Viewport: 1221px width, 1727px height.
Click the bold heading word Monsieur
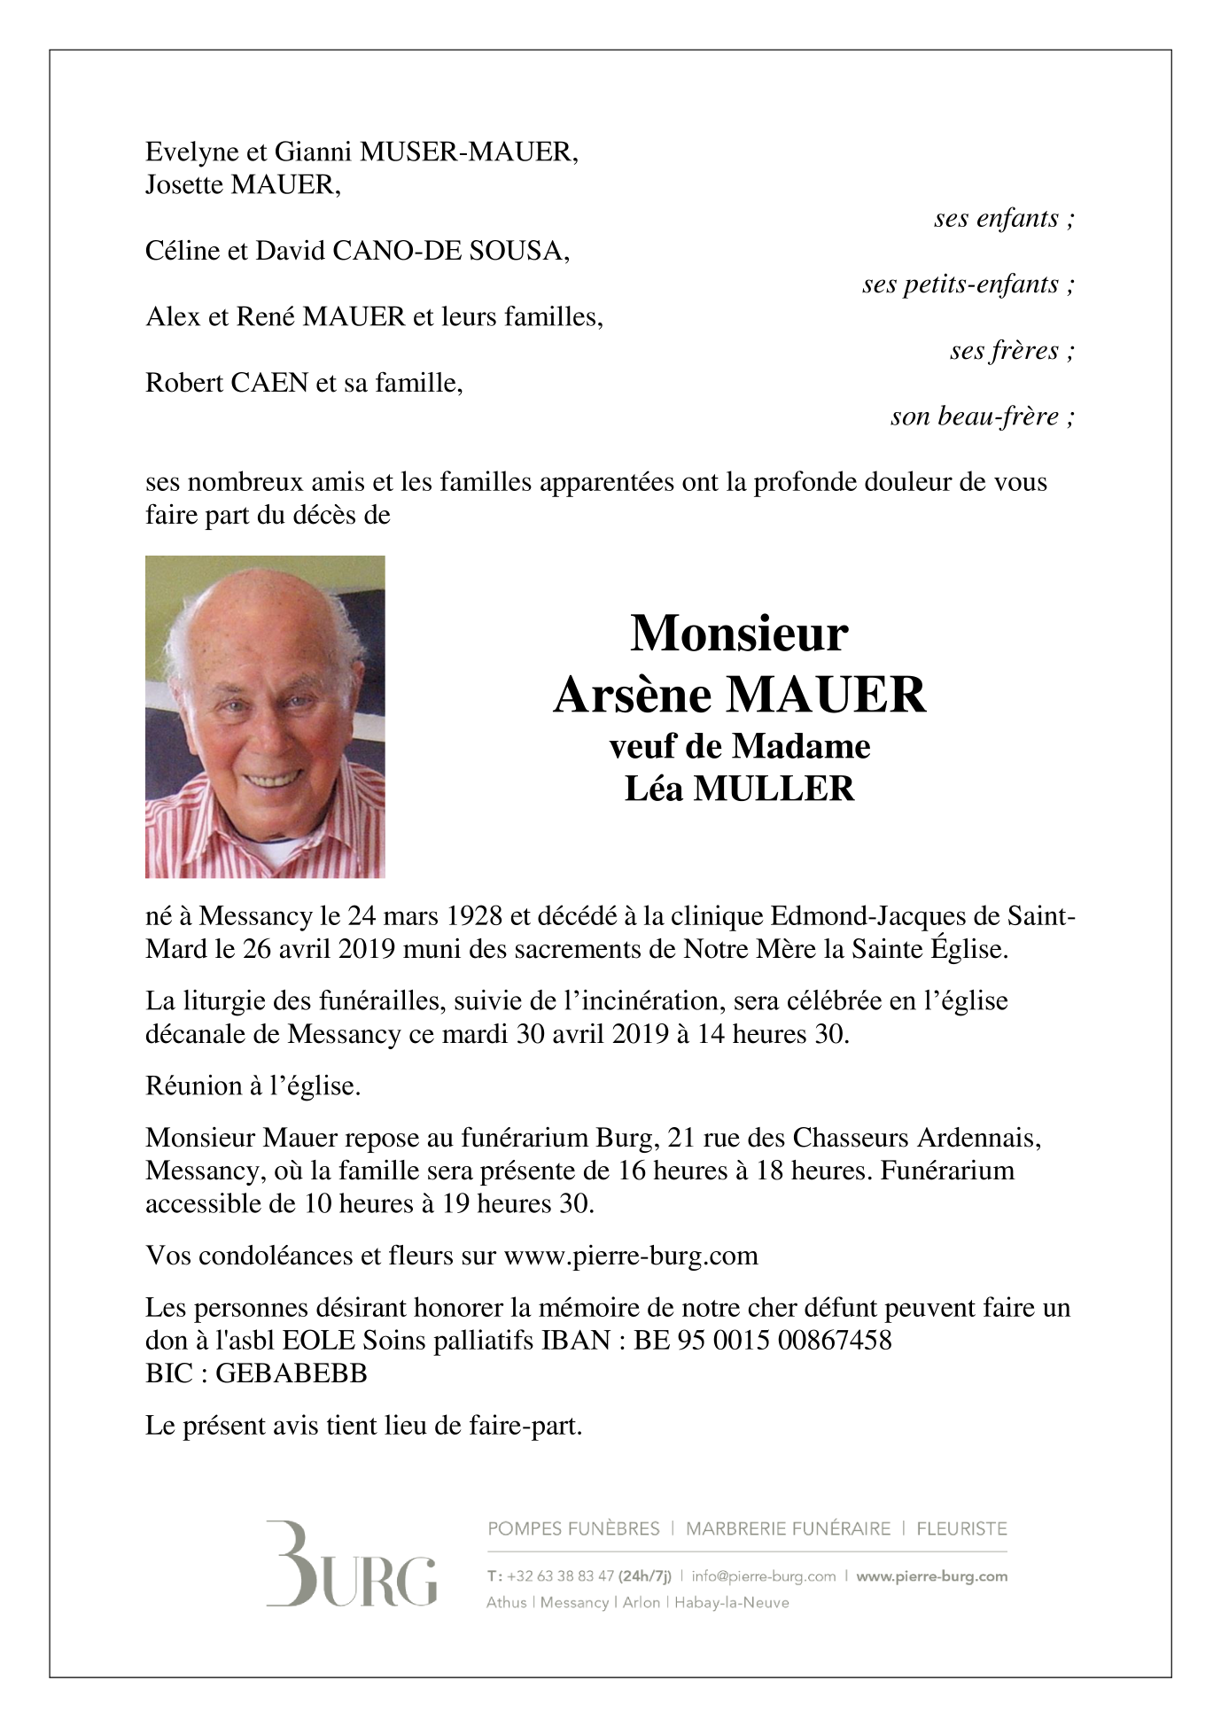click(x=739, y=634)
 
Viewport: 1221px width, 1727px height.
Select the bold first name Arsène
click(x=633, y=695)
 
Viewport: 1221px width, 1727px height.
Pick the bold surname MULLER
click(x=774, y=789)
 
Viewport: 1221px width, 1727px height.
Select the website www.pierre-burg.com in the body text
click(x=631, y=1256)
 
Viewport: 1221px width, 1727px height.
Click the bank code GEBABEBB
click(x=292, y=1373)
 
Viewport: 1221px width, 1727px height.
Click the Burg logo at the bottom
click(x=352, y=1564)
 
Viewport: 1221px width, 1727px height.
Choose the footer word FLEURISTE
click(x=961, y=1529)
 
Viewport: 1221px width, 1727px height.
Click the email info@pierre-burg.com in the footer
click(x=764, y=1576)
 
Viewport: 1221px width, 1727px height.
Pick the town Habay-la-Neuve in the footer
click(x=732, y=1602)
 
